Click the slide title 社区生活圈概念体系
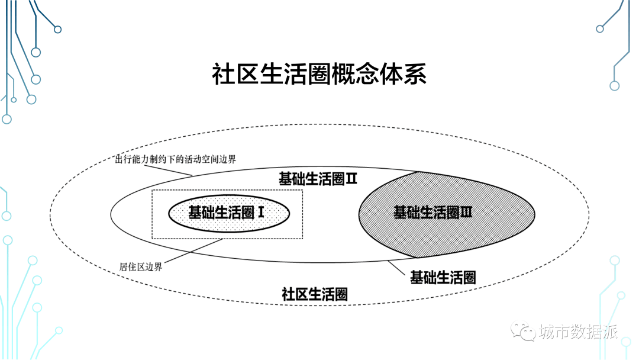coord(319,74)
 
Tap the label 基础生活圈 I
coord(226,213)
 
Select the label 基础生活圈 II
coord(318,179)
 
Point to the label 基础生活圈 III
coord(433,213)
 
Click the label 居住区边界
coord(141,266)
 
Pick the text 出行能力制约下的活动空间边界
coord(175,159)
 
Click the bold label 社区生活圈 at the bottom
coord(315,294)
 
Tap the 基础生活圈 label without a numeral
coord(443,278)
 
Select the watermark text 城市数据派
coord(578,332)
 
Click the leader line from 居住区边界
coord(193,251)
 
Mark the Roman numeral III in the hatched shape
coord(466,213)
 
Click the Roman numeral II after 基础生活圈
coord(351,179)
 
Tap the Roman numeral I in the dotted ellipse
coord(261,213)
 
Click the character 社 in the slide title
coord(223,74)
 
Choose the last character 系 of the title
coord(415,74)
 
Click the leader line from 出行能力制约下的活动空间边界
coord(168,171)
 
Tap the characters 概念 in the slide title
coord(355,74)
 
